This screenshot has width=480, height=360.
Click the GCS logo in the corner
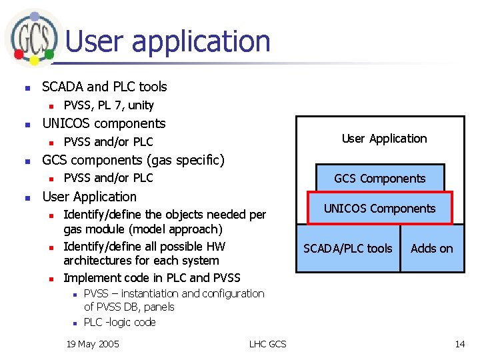coord(31,37)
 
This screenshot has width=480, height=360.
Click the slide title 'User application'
coord(168,41)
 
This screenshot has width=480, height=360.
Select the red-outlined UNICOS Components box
coord(379,208)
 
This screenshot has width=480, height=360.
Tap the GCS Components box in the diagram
coord(379,178)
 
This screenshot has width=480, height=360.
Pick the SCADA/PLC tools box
coord(348,249)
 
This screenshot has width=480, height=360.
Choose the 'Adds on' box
coord(431,249)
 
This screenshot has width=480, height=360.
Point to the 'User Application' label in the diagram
coord(384,139)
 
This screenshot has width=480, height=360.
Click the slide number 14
coord(460,344)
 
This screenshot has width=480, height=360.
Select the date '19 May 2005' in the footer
coord(93,344)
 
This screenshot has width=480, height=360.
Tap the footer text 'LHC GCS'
coord(267,344)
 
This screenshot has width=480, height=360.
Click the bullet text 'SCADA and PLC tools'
coord(105,87)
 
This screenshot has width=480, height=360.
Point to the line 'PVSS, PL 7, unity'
coord(109,105)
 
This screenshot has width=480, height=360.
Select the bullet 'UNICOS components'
coord(104,123)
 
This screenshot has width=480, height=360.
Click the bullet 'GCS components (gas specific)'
coord(133,160)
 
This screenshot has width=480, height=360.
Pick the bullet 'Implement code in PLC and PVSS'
coord(151,278)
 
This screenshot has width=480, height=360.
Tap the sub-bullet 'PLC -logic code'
coord(120,323)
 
